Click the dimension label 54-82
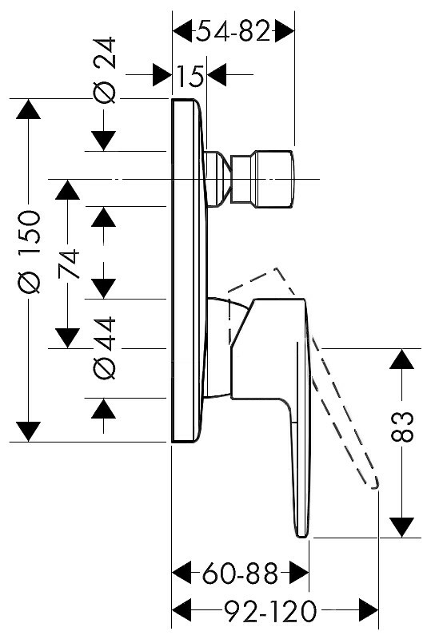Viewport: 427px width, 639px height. click(x=233, y=31)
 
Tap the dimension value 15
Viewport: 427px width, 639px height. click(x=191, y=75)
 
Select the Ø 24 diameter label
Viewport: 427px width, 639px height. click(x=105, y=70)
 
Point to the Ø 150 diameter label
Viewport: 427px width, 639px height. click(x=30, y=252)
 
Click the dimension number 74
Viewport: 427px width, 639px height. click(x=68, y=264)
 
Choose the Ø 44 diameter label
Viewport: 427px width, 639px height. click(x=105, y=348)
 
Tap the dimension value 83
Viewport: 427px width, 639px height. click(x=402, y=427)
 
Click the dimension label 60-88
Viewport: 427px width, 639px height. click(x=240, y=574)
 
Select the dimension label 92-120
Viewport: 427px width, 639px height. click(x=271, y=610)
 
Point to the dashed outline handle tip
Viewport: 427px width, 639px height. click(x=374, y=484)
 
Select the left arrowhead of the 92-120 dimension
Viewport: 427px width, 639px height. click(x=182, y=610)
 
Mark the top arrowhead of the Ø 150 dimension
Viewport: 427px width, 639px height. click(x=28, y=109)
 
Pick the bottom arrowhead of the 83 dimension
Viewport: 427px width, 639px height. click(x=402, y=527)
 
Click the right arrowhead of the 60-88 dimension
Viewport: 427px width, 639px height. click(x=299, y=574)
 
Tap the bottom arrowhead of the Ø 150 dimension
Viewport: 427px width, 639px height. click(x=28, y=431)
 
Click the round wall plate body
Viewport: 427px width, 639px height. click(x=189, y=270)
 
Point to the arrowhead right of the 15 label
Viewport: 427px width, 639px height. click(x=217, y=75)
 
